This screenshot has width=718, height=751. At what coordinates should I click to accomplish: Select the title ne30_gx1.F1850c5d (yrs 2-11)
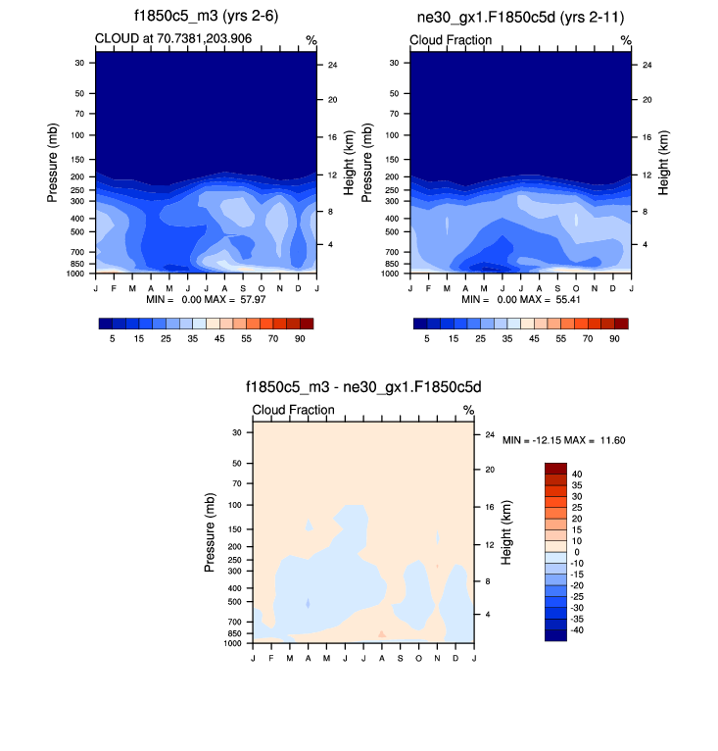pyautogui.click(x=520, y=18)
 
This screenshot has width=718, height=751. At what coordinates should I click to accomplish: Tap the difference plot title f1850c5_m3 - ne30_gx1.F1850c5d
pyautogui.click(x=363, y=388)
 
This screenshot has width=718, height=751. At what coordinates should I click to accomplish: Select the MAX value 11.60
pyautogui.click(x=608, y=441)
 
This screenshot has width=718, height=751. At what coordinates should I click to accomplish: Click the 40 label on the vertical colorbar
pyautogui.click(x=577, y=474)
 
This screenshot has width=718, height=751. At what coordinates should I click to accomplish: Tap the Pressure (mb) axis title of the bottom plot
pyautogui.click(x=210, y=533)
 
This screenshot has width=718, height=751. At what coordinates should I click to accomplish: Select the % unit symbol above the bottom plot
pyautogui.click(x=468, y=410)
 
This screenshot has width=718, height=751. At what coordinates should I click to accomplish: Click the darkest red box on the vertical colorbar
pyautogui.click(x=555, y=468)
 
